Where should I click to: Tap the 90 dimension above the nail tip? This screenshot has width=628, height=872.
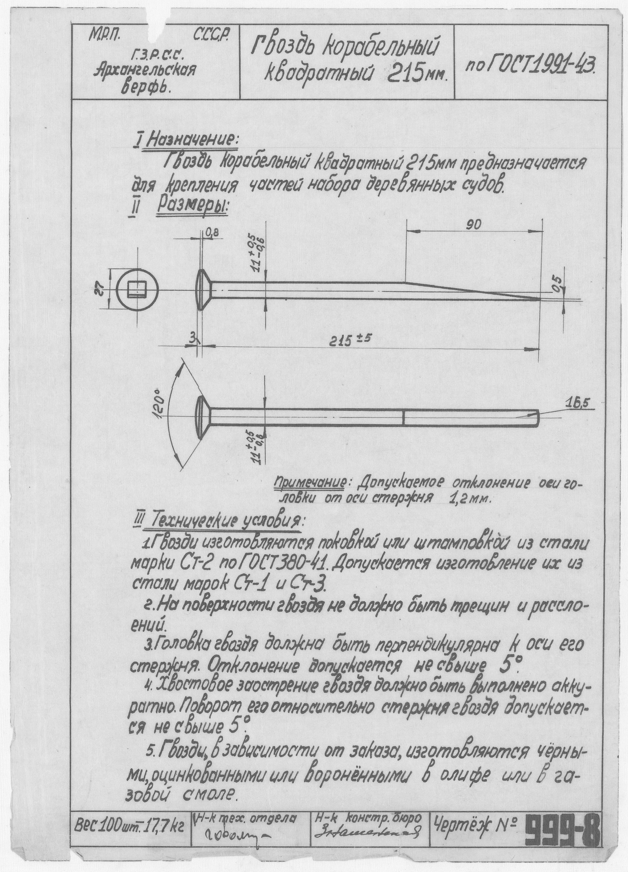pyautogui.click(x=473, y=225)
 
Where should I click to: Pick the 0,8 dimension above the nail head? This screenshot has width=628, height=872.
pyautogui.click(x=212, y=233)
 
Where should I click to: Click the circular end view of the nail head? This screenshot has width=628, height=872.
pyautogui.click(x=137, y=290)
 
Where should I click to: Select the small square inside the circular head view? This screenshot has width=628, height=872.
pyautogui.click(x=137, y=290)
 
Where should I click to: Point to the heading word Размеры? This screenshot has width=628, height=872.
pyautogui.click(x=193, y=206)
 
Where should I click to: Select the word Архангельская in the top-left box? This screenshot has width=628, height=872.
pyautogui.click(x=144, y=69)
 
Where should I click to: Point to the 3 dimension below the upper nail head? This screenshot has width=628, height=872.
pyautogui.click(x=192, y=339)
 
